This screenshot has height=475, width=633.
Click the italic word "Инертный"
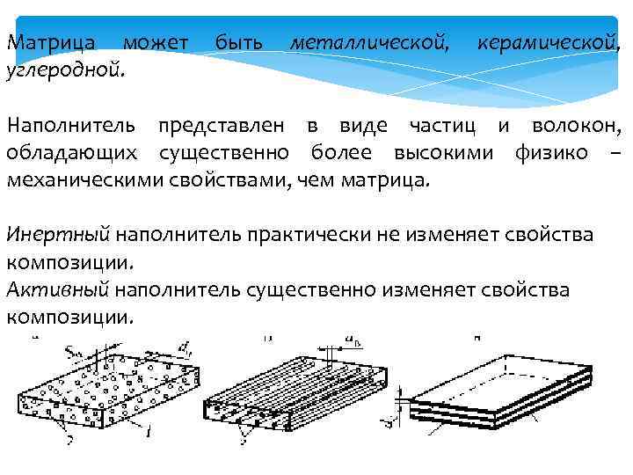click(x=58, y=235)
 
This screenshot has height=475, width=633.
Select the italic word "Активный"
click(x=57, y=290)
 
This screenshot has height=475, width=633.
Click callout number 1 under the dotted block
click(x=149, y=431)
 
